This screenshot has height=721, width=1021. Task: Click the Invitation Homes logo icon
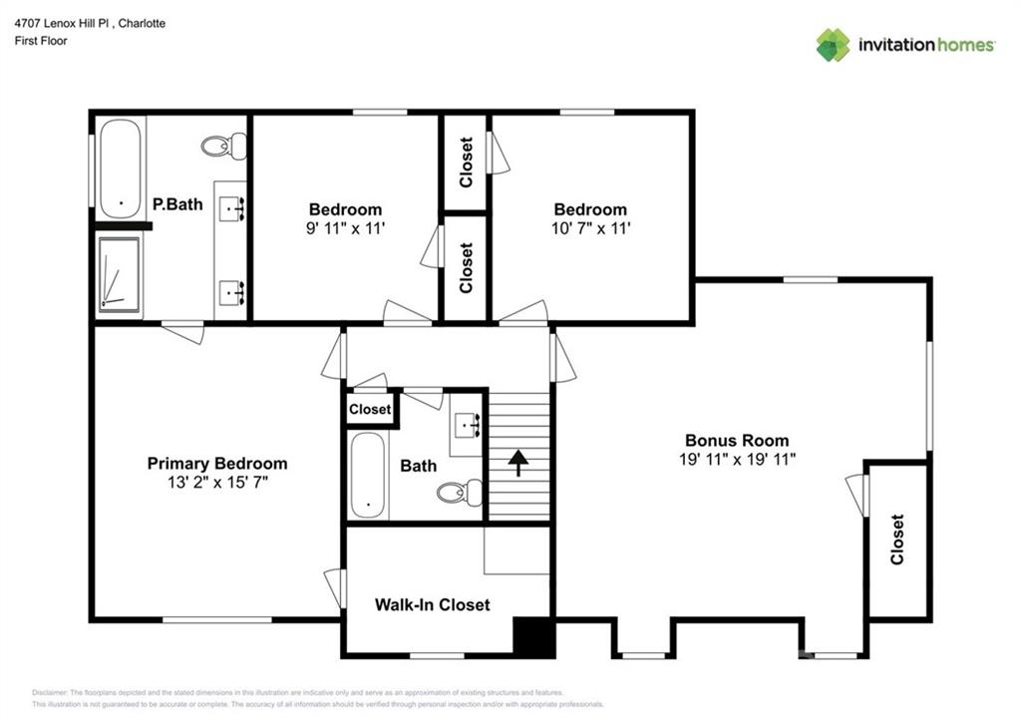(833, 45)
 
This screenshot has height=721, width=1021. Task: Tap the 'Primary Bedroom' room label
(217, 464)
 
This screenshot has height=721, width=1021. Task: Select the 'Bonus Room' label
(736, 441)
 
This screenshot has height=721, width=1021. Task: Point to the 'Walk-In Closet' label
(432, 604)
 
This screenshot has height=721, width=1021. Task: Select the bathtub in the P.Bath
(121, 169)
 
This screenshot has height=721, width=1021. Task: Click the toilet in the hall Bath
(461, 493)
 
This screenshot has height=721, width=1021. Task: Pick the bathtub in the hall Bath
(368, 476)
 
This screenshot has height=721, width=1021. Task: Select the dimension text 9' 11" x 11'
(345, 228)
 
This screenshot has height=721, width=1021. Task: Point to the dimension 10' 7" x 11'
(590, 228)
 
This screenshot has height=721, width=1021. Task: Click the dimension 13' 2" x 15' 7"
(217, 483)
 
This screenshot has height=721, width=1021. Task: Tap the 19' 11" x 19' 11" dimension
(736, 460)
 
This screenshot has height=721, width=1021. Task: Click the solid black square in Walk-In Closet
(532, 637)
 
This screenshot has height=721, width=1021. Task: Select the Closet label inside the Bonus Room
(896, 540)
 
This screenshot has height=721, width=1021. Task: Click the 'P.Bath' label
(177, 204)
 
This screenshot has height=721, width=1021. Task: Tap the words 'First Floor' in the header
(41, 41)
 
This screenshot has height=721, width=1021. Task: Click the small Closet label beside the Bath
(370, 410)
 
